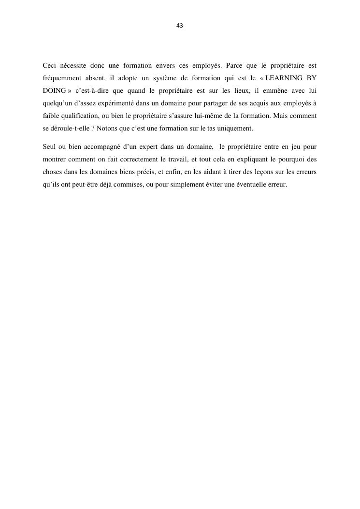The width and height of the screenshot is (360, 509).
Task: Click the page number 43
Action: (x=180, y=26)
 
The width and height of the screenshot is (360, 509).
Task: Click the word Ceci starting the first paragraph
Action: (x=49, y=65)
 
